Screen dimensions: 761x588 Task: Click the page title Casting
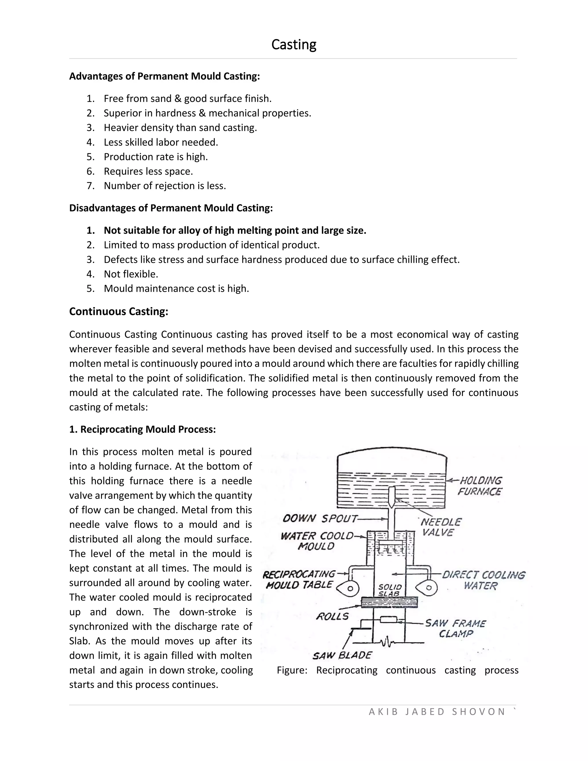pos(294,45)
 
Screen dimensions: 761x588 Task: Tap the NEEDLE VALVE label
pos(440,527)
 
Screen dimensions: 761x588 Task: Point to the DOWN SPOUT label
pos(320,518)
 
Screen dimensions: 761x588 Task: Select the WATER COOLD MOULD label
pos(317,541)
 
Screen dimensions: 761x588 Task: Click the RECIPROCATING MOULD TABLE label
pos(299,580)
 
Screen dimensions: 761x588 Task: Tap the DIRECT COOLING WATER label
pos(483,580)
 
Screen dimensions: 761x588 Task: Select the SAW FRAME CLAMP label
pos(455,628)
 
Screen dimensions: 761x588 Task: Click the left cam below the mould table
pos(349,588)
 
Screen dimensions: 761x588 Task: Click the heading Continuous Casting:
pos(119,311)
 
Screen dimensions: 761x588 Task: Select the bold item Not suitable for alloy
pos(235,230)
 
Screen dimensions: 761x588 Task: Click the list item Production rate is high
pos(155,157)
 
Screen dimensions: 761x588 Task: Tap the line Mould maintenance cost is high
pos(176,289)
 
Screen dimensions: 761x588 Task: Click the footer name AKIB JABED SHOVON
pos(437,712)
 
